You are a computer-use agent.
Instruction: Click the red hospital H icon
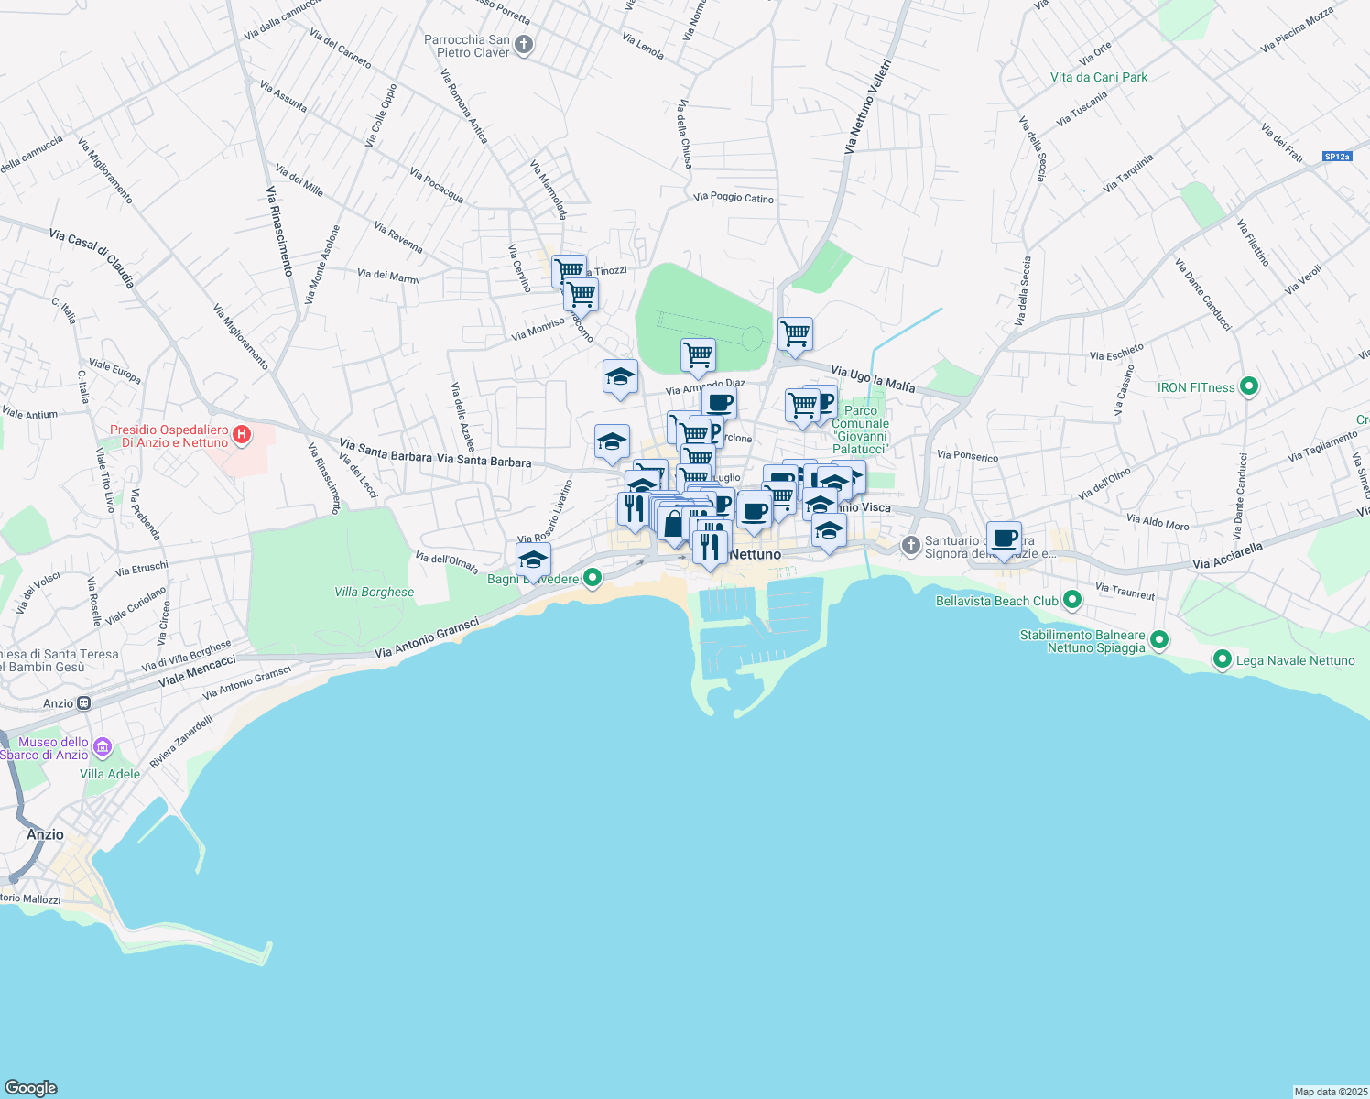(x=242, y=435)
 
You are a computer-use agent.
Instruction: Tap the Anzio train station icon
(x=83, y=703)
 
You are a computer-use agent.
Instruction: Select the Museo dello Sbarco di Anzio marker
(x=102, y=748)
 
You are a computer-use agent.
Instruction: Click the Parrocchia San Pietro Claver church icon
(x=524, y=45)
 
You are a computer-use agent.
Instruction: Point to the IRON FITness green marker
(x=1248, y=387)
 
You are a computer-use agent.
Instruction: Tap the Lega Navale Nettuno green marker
(x=1222, y=659)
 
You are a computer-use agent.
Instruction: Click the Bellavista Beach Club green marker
(x=1072, y=601)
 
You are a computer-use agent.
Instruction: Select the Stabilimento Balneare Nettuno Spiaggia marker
(x=1159, y=640)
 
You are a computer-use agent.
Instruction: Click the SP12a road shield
(x=1337, y=157)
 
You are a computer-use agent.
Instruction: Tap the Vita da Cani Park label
(x=1099, y=78)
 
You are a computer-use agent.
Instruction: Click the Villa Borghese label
(x=374, y=592)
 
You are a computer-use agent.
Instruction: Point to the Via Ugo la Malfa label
(x=873, y=378)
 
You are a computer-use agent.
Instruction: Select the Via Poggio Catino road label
(x=733, y=197)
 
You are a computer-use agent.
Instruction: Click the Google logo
(x=31, y=1087)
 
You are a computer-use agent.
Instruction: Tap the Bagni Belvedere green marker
(x=593, y=578)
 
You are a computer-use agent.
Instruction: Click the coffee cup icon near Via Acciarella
(x=1005, y=539)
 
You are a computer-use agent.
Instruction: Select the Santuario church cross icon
(x=910, y=546)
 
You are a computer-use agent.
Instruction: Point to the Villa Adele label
(x=110, y=774)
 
